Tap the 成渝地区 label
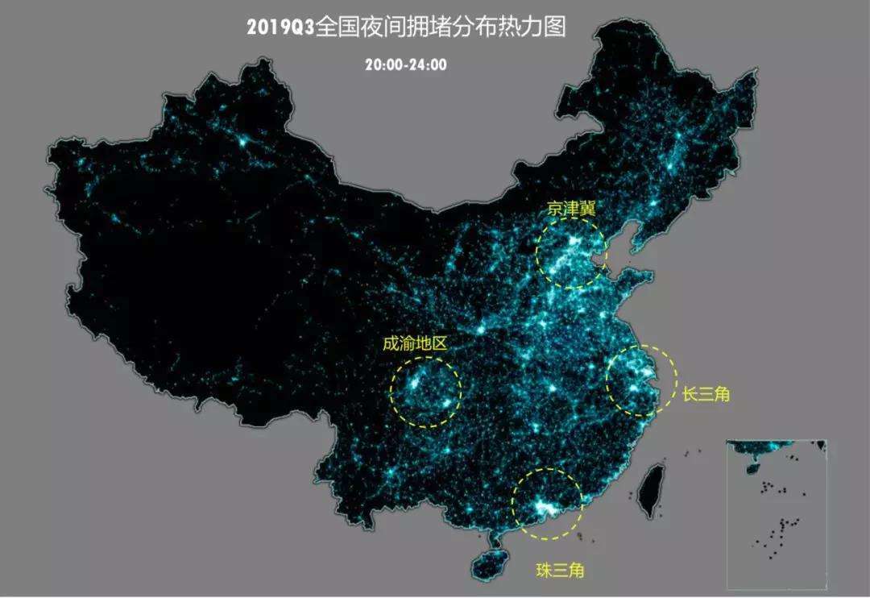click(x=414, y=343)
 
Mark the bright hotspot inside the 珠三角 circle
click(x=545, y=508)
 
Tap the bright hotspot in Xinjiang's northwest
click(x=242, y=142)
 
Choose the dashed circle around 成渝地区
click(x=461, y=390)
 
